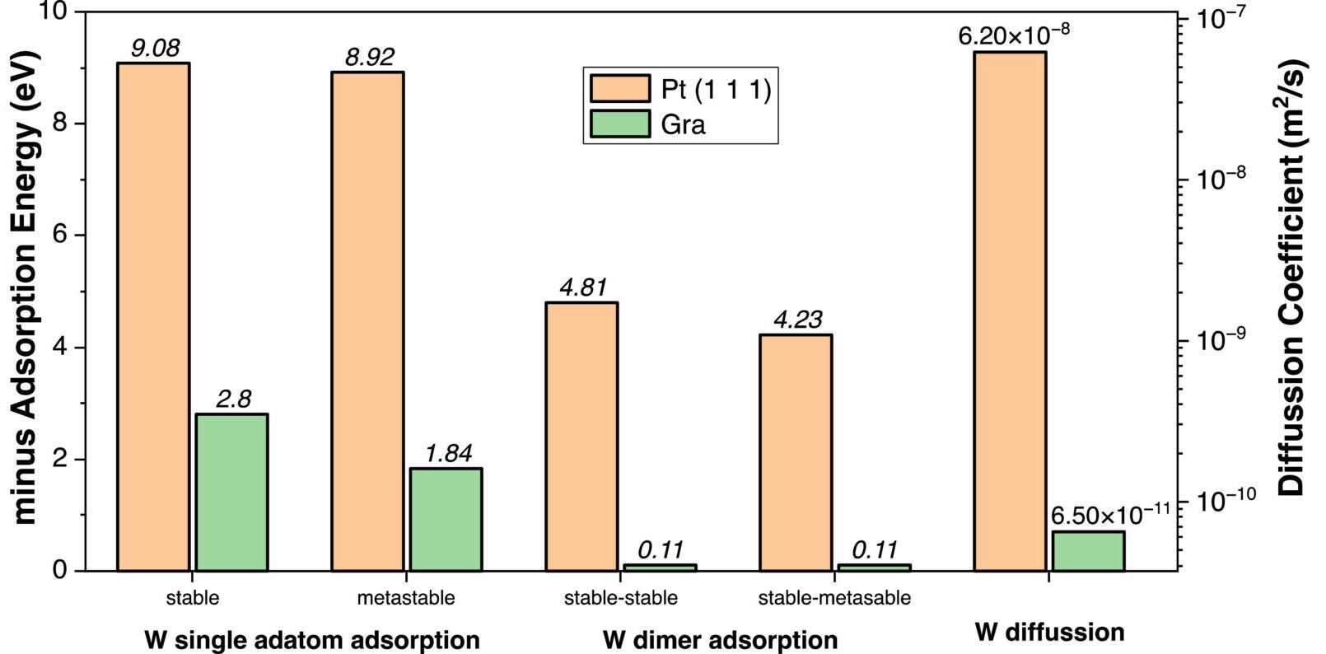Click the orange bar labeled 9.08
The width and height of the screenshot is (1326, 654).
[x=153, y=317]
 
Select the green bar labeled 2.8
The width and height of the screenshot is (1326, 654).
[x=231, y=493]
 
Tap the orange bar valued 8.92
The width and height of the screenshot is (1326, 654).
[x=367, y=321]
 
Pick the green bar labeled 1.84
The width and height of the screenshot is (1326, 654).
[x=446, y=520]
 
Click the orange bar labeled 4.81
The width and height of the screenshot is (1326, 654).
[x=581, y=437]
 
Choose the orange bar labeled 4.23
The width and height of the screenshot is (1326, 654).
[x=796, y=453]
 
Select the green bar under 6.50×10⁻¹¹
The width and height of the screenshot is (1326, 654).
[x=1088, y=551]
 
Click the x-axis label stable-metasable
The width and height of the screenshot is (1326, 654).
[x=834, y=598]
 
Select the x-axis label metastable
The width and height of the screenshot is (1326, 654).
[x=405, y=598]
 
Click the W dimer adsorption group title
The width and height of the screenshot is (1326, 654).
[x=719, y=640]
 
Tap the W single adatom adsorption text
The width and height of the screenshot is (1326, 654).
[x=311, y=640]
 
